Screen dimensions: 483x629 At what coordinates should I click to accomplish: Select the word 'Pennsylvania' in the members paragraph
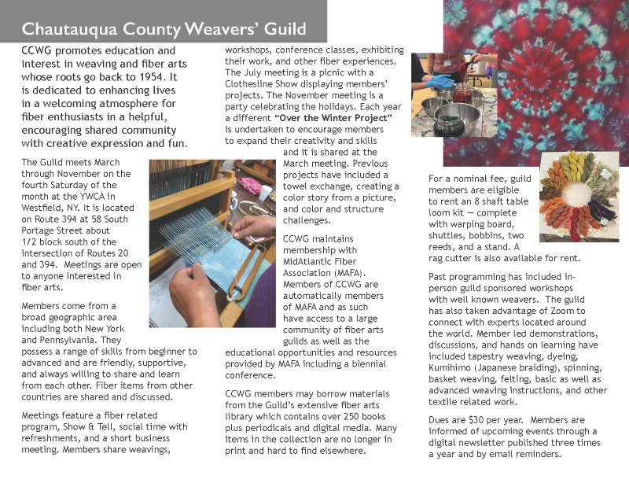55,340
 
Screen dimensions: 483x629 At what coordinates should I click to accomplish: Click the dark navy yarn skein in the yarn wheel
603,208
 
